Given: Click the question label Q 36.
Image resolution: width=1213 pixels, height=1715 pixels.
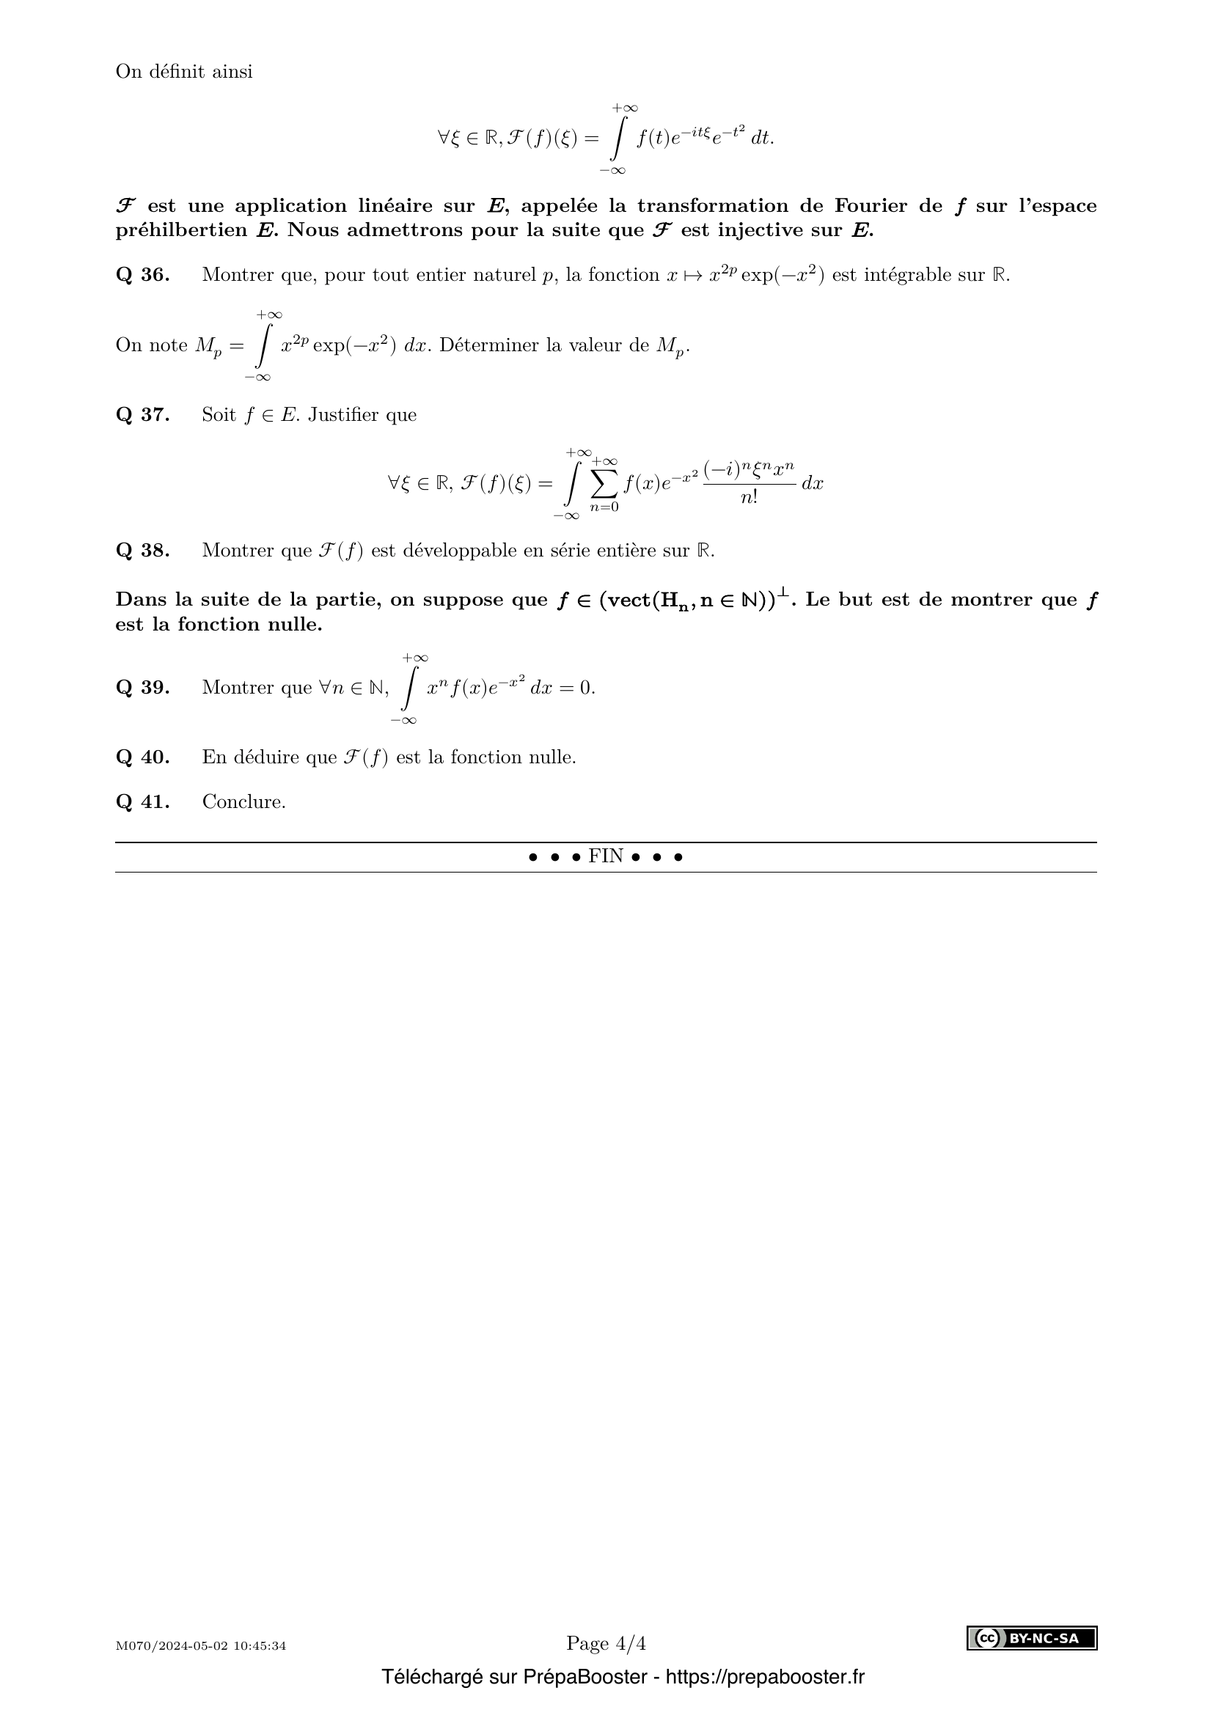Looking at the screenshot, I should tap(143, 275).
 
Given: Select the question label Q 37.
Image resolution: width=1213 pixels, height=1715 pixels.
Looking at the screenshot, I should tap(143, 414).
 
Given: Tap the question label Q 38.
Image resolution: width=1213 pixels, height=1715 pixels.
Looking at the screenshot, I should tap(143, 551).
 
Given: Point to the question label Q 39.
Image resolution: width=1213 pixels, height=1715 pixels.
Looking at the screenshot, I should tap(143, 687).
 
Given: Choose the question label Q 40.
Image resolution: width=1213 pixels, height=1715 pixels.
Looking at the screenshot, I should tap(143, 757).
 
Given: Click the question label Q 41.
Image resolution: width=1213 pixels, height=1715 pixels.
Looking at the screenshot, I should tap(143, 802).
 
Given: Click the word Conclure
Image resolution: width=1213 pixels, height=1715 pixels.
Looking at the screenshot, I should tap(243, 802).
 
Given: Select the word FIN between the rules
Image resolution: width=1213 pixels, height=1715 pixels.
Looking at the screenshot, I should tap(606, 856).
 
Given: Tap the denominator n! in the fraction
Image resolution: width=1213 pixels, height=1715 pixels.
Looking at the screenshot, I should tap(749, 496).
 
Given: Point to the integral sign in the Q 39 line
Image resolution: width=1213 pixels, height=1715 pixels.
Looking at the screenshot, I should tap(408, 687).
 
